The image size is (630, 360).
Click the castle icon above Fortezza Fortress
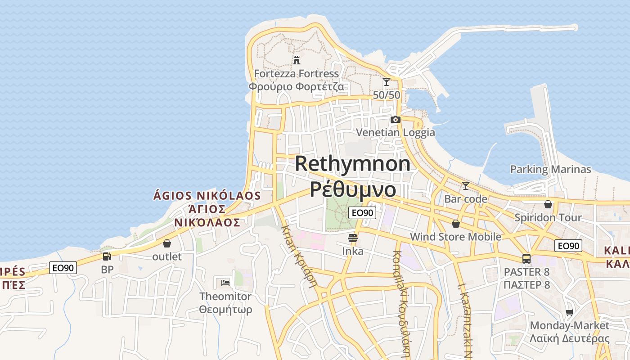pyautogui.click(x=297, y=60)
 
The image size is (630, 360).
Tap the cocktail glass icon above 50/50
pyautogui.click(x=386, y=82)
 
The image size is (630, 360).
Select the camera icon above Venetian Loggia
pyautogui.click(x=395, y=119)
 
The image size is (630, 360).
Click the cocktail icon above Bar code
pyautogui.click(x=466, y=185)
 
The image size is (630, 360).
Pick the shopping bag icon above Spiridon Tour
pyautogui.click(x=548, y=204)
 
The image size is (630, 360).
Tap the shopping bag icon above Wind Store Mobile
pyautogui.click(x=456, y=224)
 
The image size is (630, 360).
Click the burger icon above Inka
pyautogui.click(x=353, y=238)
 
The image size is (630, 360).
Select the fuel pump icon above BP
pyautogui.click(x=107, y=256)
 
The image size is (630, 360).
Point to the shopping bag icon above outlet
pyautogui.click(x=167, y=243)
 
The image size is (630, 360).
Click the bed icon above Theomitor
pyautogui.click(x=225, y=283)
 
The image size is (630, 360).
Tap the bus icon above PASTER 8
pyautogui.click(x=526, y=259)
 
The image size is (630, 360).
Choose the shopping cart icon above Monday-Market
pyautogui.click(x=570, y=312)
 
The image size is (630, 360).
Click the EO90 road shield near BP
pyautogui.click(x=63, y=268)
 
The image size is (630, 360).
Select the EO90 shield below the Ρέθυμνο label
pyautogui.click(x=362, y=213)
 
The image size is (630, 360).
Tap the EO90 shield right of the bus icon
pyautogui.click(x=568, y=246)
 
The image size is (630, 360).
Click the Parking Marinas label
pyautogui.click(x=550, y=170)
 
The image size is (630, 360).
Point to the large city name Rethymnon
pyautogui.click(x=352, y=164)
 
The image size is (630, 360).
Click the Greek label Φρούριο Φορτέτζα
pyautogui.click(x=297, y=86)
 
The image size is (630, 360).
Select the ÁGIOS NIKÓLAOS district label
pyautogui.click(x=207, y=196)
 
